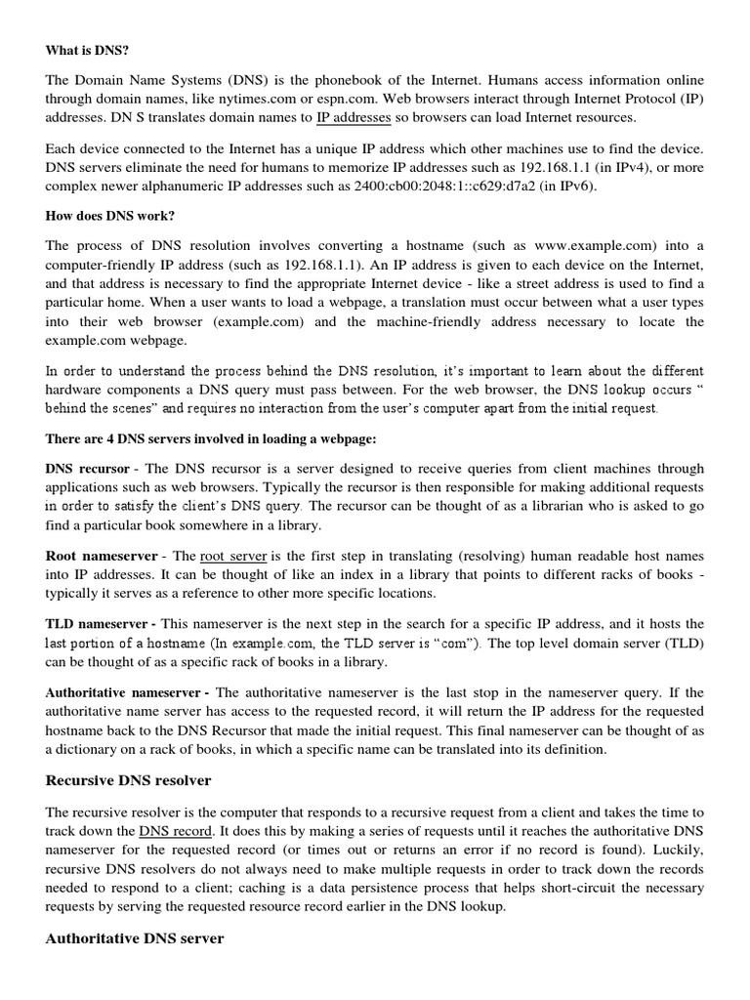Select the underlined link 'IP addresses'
[354, 118]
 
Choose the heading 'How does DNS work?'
[106, 216]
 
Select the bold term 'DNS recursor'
[87, 468]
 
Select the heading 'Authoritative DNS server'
[135, 937]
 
